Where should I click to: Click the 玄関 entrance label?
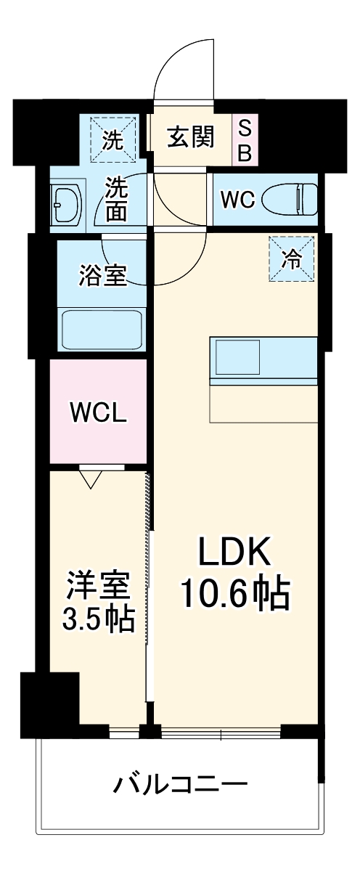pos(191,137)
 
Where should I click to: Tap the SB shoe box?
pos(245,141)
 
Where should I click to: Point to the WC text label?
pos(237,200)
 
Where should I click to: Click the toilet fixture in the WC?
pos(290,199)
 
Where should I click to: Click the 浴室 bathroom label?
pos(102,275)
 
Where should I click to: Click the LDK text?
pos(235,554)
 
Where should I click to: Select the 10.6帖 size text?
pos(235,594)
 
